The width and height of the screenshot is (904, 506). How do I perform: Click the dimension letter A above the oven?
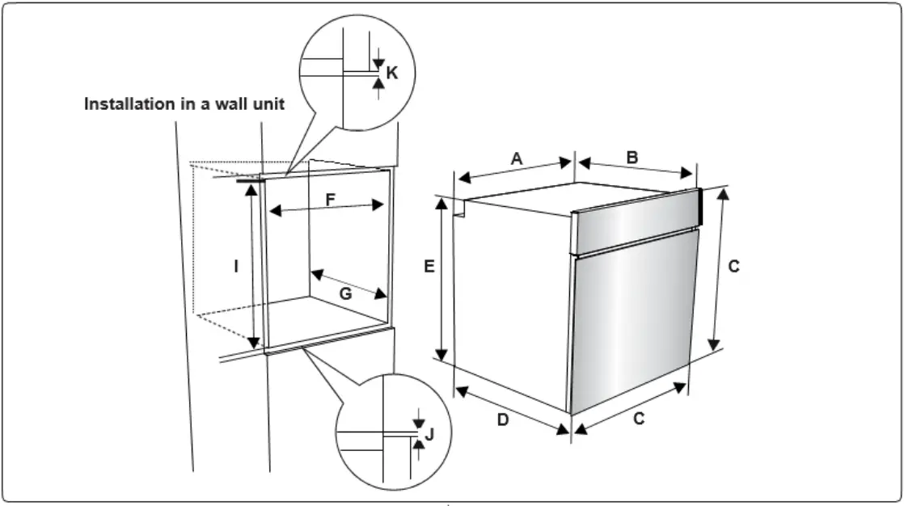click(x=517, y=159)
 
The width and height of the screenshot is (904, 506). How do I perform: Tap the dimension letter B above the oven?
click(x=632, y=158)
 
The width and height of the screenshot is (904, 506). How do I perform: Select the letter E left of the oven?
click(x=429, y=265)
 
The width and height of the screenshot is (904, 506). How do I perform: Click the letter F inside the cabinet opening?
click(x=330, y=199)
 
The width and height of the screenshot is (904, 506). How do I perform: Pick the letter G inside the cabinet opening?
click(x=345, y=294)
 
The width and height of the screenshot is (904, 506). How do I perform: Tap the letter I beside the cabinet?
click(x=236, y=265)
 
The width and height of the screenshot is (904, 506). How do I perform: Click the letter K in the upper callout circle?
click(x=392, y=74)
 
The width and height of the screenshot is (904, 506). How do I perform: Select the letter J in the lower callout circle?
click(x=429, y=435)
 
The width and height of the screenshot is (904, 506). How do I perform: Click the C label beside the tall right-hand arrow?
click(x=733, y=265)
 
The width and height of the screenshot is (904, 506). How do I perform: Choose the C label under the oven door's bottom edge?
click(x=639, y=419)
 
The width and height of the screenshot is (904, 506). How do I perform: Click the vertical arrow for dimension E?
click(x=441, y=279)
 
